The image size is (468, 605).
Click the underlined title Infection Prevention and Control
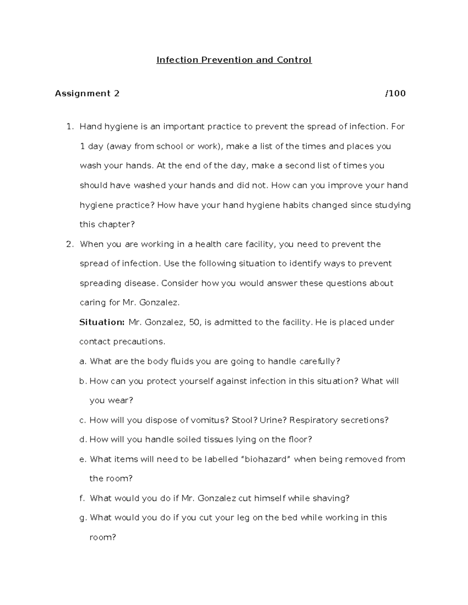pyautogui.click(x=234, y=60)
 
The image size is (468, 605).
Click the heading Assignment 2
pyautogui.click(x=87, y=93)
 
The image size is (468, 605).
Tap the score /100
pyautogui.click(x=395, y=93)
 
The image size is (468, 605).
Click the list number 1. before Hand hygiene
pyautogui.click(x=70, y=127)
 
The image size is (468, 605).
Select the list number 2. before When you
pyautogui.click(x=70, y=244)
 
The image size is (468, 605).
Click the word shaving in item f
pyautogui.click(x=331, y=499)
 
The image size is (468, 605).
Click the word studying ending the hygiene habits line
pyautogui.click(x=393, y=205)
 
